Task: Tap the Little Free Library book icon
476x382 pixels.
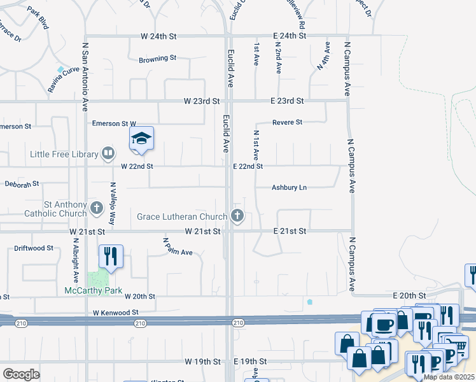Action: click(x=108, y=153)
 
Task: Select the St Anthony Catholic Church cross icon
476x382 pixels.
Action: click(x=97, y=208)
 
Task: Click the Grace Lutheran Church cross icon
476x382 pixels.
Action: click(x=238, y=216)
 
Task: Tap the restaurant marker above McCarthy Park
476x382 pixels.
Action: click(x=111, y=257)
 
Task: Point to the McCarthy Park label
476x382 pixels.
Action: click(x=93, y=291)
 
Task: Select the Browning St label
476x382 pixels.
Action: click(x=157, y=59)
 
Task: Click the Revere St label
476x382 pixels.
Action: click(x=287, y=122)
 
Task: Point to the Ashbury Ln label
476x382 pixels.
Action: click(x=289, y=188)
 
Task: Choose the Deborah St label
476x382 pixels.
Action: click(x=22, y=184)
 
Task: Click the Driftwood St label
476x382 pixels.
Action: click(x=34, y=248)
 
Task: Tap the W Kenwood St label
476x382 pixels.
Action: click(x=115, y=313)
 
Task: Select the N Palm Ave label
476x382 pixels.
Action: click(x=178, y=247)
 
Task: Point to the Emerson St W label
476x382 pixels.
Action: click(x=115, y=123)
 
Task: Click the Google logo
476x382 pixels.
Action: click(x=21, y=374)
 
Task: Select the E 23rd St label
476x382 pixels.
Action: click(x=287, y=101)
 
